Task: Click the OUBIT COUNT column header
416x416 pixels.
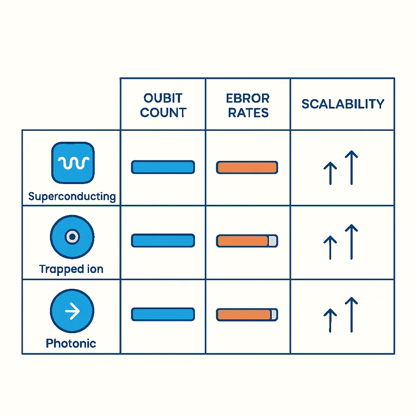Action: click(x=163, y=105)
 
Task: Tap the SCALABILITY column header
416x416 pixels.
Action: click(x=343, y=104)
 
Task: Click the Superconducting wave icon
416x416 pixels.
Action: click(x=73, y=163)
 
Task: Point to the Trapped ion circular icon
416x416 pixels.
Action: click(x=72, y=237)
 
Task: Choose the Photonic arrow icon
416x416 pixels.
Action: click(x=72, y=311)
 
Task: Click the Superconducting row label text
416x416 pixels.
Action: click(x=72, y=197)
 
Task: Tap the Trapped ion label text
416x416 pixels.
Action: click(x=71, y=269)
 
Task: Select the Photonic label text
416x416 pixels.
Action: click(x=71, y=343)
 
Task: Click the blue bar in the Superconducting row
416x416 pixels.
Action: click(x=163, y=167)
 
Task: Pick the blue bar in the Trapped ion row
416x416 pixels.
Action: click(x=163, y=240)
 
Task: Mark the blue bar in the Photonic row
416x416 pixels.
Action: click(x=163, y=314)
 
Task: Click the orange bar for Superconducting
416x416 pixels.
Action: click(x=247, y=167)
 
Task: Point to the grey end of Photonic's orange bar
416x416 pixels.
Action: click(x=274, y=315)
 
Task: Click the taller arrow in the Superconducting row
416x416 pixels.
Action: click(x=351, y=167)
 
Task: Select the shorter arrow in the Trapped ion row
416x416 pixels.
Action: click(x=330, y=247)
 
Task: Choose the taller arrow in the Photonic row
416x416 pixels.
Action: click(x=351, y=315)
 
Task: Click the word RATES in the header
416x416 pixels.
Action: click(x=248, y=113)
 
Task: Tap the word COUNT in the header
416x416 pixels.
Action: click(x=163, y=113)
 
